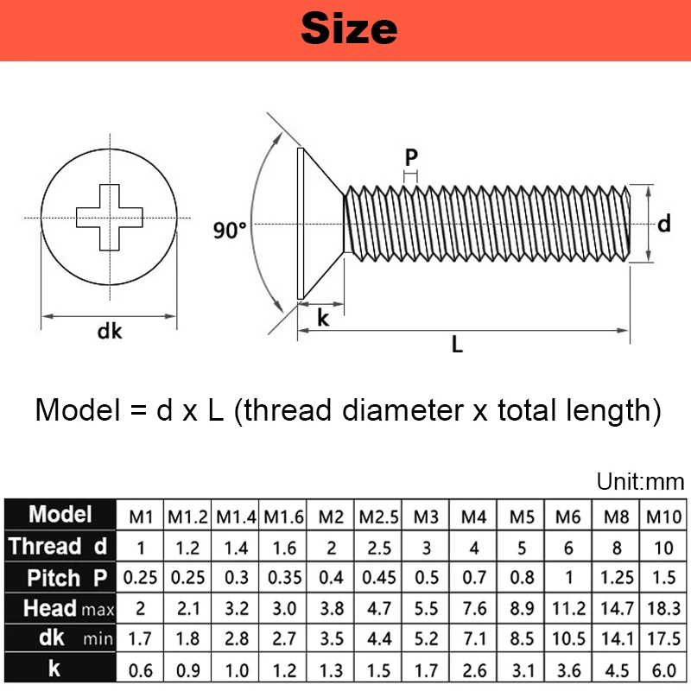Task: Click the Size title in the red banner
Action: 349,29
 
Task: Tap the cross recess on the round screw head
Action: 109,216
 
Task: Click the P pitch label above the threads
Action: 411,157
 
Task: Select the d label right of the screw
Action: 663,224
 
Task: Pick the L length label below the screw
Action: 457,344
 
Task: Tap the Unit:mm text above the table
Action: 640,482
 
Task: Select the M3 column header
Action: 426,517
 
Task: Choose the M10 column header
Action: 664,517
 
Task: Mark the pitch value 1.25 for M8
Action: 616,577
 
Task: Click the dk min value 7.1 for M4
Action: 473,639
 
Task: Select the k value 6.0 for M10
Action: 664,670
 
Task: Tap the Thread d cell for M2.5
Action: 378,548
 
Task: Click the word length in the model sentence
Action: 601,409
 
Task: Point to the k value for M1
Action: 141,670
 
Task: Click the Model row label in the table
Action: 60,515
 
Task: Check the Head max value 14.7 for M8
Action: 616,608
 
